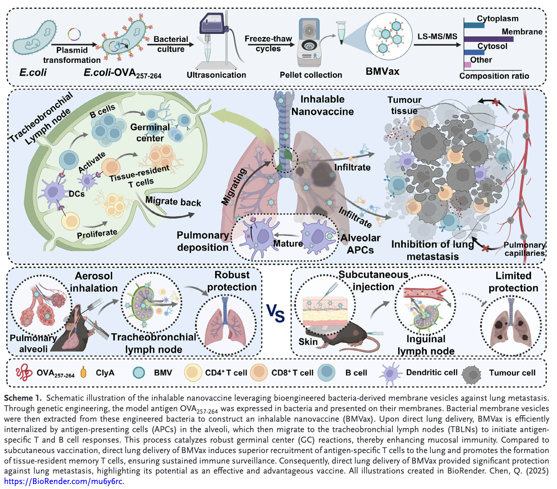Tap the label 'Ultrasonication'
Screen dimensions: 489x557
point(216,75)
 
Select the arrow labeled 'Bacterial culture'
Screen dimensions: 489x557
point(170,49)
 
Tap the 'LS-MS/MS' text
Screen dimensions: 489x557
point(438,37)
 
